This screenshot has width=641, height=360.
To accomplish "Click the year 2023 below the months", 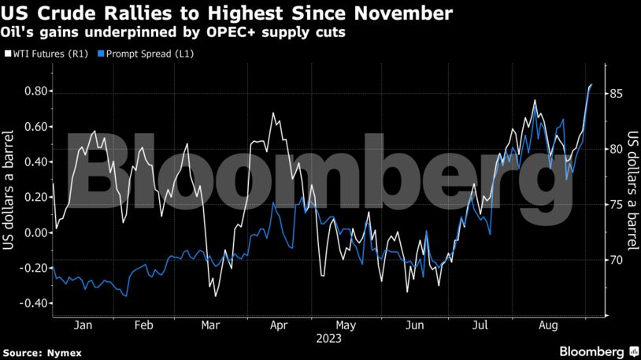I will point(329,340).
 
